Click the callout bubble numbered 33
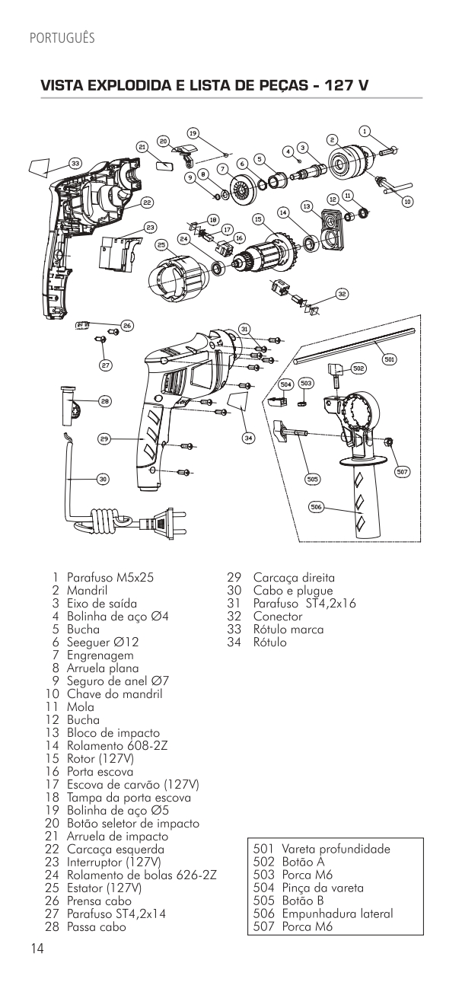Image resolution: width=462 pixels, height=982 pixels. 75,163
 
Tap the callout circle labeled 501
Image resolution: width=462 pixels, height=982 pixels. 389,359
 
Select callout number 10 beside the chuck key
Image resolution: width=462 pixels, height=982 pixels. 408,202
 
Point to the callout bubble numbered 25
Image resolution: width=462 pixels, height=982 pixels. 161,244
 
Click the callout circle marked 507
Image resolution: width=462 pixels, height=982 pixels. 403,472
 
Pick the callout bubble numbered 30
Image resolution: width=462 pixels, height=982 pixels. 104,479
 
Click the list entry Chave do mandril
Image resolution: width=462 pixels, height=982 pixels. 114,694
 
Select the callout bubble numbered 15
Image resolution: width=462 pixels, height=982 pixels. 258,218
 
